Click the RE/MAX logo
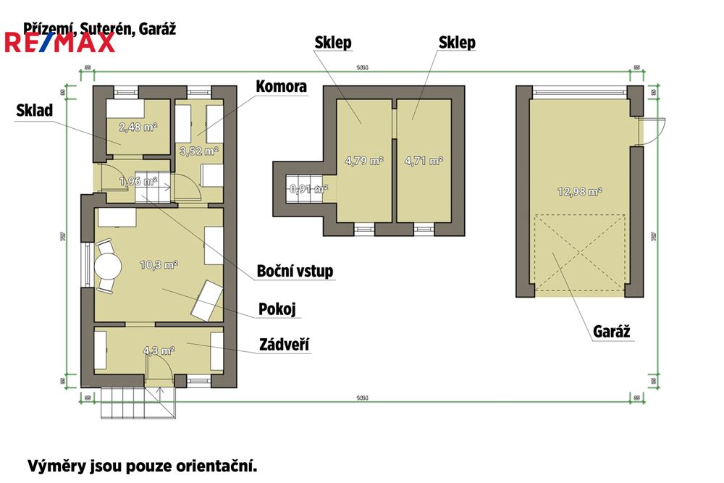tap(59, 42)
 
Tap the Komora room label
tap(281, 87)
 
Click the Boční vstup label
tap(295, 272)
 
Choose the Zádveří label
tap(285, 345)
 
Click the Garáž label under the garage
tap(612, 332)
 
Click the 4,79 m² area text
tap(364, 161)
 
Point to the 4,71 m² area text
tap(424, 161)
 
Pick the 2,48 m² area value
tap(138, 127)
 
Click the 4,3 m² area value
tap(159, 351)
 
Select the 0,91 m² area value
tap(308, 189)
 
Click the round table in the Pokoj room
tap(109, 266)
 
